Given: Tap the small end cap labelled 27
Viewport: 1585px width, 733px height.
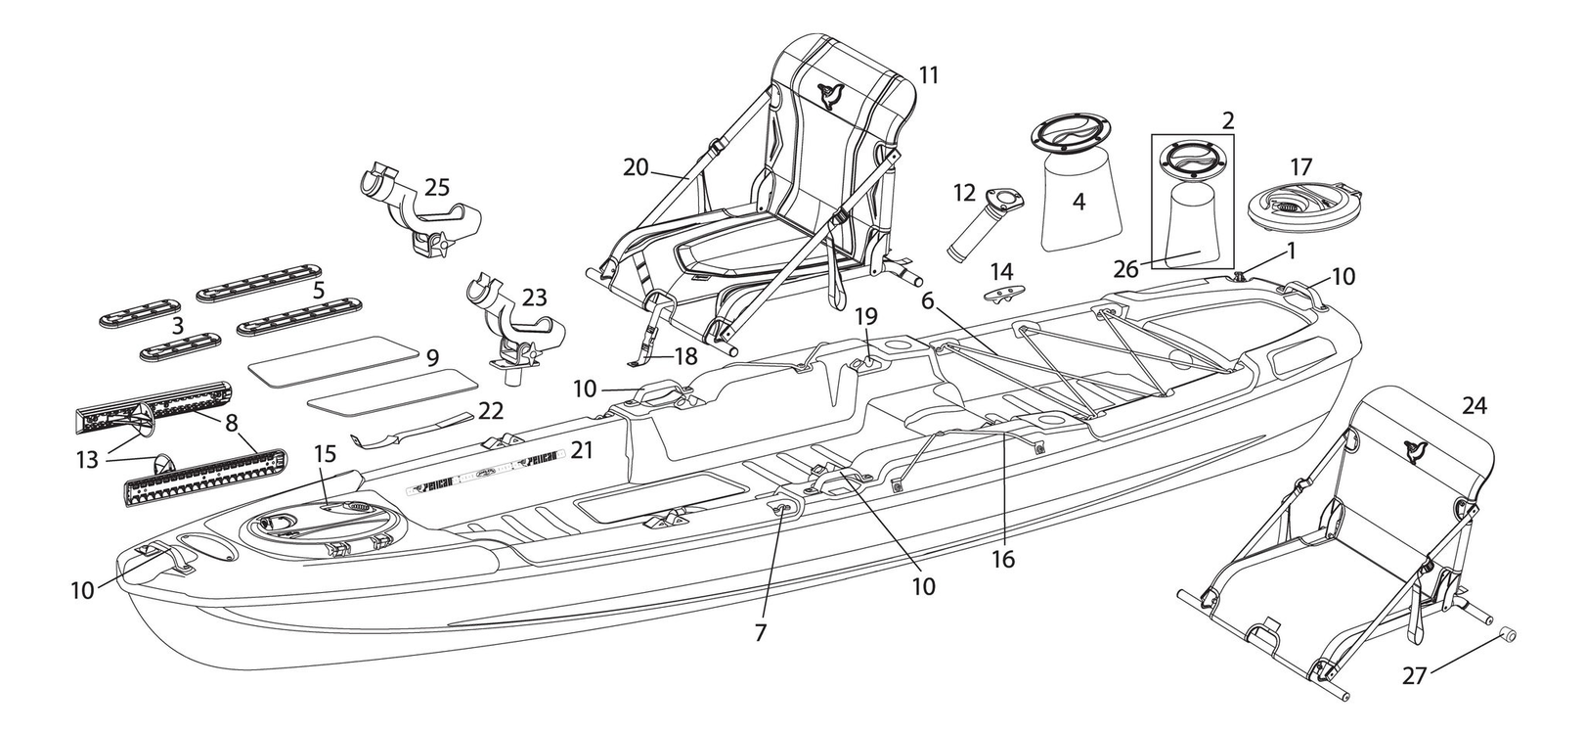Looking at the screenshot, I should [1509, 637].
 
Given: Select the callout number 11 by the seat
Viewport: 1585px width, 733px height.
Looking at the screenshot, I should [928, 74].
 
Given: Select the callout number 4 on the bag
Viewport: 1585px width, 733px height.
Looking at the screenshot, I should [1079, 202].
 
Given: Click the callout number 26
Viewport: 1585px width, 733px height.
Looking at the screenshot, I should [1126, 268].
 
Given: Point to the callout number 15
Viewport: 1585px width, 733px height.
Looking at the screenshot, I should [325, 455].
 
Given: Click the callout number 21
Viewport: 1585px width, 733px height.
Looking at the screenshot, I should [582, 449].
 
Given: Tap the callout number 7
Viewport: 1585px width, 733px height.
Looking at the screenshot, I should [760, 632].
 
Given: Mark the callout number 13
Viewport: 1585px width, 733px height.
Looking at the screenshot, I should [88, 458].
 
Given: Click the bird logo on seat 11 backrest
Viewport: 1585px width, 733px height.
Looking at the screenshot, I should [833, 94].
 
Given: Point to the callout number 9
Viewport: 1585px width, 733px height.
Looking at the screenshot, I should [432, 358].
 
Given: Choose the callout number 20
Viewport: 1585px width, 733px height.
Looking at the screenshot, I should [636, 167].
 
